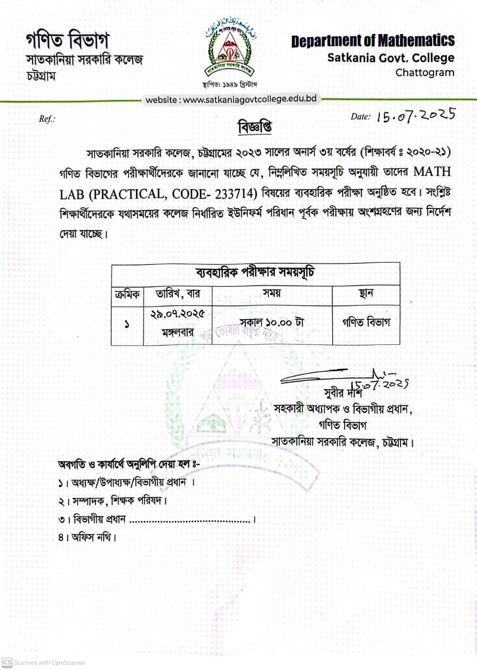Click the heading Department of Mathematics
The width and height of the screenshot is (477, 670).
[373, 41]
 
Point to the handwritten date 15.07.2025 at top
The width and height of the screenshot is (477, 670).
[416, 115]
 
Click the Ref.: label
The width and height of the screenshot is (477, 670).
[47, 119]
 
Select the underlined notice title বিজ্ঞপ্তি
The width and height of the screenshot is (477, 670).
[255, 127]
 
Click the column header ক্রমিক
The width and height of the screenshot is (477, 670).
[127, 295]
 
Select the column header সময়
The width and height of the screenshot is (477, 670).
[272, 294]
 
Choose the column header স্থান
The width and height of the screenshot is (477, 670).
[366, 294]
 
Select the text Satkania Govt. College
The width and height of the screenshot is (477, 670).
[391, 58]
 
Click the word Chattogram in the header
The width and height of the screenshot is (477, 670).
[425, 73]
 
